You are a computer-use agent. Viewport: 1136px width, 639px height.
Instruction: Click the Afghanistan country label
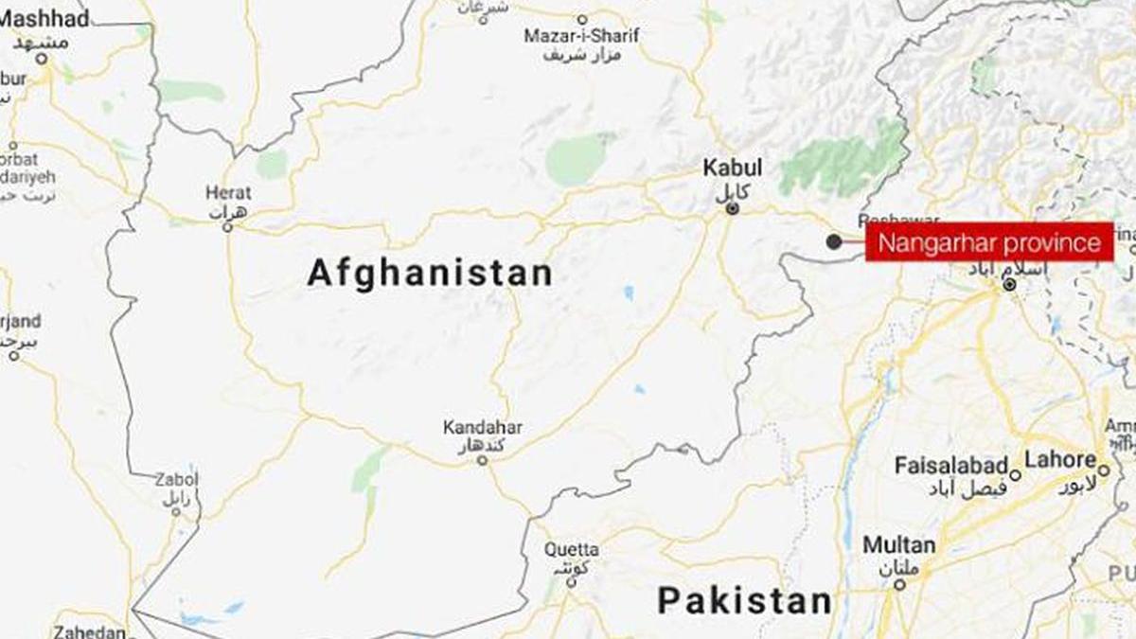tap(430, 274)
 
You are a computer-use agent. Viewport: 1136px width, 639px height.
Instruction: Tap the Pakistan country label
tap(744, 600)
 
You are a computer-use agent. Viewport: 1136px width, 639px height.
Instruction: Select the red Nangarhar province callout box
tap(989, 243)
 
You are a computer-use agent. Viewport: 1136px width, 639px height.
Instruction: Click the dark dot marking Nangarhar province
tap(833, 242)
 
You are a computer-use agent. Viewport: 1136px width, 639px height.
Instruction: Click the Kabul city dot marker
tap(732, 207)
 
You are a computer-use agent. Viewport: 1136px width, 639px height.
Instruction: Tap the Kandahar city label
tap(483, 428)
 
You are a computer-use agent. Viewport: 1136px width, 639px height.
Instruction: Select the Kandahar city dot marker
tap(482, 461)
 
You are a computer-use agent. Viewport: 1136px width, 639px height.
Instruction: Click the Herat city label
tap(228, 192)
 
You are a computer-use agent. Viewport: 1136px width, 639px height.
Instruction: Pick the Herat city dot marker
tap(228, 226)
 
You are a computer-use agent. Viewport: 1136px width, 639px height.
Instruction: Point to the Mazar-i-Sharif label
tap(582, 36)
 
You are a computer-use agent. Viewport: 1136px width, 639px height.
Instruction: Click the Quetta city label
tap(571, 549)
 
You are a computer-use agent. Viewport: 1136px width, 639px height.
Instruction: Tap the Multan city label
tap(898, 545)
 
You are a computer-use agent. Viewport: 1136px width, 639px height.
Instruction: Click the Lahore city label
tap(1060, 460)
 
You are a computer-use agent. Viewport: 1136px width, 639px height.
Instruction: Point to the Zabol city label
tap(176, 480)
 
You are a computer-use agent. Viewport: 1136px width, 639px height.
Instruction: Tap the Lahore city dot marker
tap(1104, 469)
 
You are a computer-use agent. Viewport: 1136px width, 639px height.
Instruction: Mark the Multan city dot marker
tap(899, 584)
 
